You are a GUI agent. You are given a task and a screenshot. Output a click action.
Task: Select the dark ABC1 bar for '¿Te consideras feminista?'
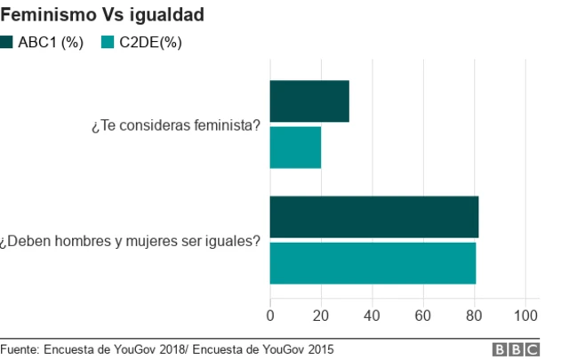309,101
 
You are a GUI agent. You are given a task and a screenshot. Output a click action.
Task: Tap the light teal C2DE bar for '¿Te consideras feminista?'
295,148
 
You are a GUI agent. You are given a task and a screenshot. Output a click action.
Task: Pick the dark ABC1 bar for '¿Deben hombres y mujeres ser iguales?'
374,217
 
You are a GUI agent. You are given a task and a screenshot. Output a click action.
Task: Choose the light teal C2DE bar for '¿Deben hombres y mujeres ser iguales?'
373,263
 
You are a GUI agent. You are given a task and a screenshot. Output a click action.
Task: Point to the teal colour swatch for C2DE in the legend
108,43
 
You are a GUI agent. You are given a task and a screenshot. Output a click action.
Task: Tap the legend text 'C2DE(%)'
150,43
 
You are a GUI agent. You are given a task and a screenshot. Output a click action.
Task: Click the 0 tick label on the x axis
270,315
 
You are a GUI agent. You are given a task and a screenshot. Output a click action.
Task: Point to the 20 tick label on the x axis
321,315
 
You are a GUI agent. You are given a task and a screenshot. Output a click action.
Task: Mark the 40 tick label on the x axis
373,315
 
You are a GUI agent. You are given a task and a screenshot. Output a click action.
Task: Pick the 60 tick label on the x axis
424,315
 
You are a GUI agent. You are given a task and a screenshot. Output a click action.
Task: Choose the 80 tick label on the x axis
475,315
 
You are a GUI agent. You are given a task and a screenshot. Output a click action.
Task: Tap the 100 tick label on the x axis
526,315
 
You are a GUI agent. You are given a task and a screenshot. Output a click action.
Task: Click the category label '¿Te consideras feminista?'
175,125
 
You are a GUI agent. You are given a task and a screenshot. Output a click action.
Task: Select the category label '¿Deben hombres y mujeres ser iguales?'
131,240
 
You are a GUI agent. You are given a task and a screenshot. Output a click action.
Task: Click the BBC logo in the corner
515,348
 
